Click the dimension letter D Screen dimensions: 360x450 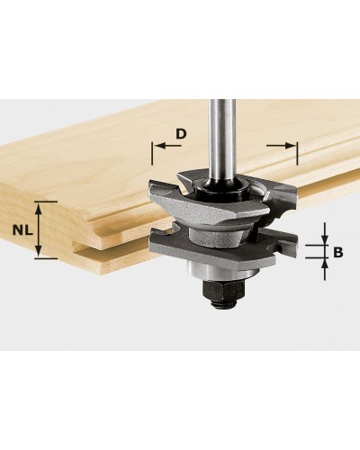pos(181,133)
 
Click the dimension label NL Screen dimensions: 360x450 pos(22,230)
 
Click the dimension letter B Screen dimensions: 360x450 pos(338,252)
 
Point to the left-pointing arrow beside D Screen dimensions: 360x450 pos(169,146)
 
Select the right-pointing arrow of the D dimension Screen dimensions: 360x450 pos(280,146)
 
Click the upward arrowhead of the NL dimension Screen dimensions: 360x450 pos(38,209)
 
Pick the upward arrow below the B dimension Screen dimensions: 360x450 pos(325,269)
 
